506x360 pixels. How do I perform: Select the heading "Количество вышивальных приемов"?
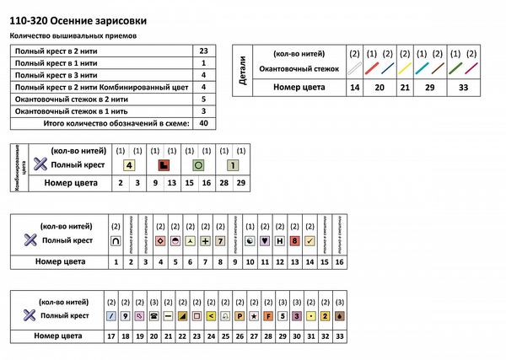click(72, 36)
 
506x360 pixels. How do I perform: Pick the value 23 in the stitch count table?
click(203, 51)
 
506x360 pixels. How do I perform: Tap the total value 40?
click(203, 122)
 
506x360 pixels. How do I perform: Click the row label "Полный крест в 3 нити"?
click(57, 75)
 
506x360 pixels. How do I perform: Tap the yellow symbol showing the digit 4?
click(130, 165)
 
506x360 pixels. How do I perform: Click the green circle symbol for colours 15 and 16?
click(199, 165)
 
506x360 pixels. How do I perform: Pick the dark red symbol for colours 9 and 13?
click(164, 165)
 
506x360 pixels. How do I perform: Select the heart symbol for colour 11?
click(266, 240)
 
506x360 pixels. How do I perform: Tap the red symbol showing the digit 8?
click(294, 240)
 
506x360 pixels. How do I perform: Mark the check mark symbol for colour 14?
click(310, 240)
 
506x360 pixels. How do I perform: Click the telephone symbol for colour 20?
click(154, 315)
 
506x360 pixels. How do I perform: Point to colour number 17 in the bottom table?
click(111, 336)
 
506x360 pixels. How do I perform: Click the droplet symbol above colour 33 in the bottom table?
click(339, 315)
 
